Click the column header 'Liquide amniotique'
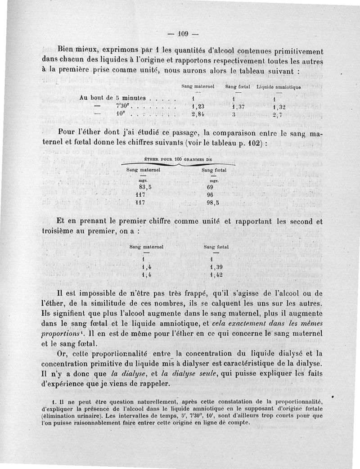point(279,86)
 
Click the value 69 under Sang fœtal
point(210,187)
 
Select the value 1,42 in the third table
point(216,275)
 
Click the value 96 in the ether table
point(210,195)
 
